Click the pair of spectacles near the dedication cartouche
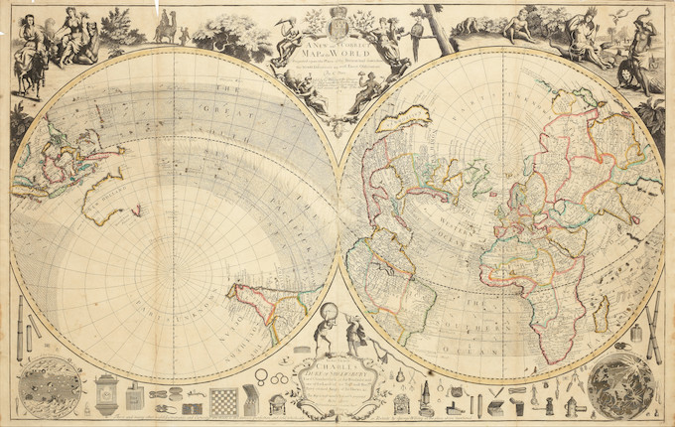tap(262, 374)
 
